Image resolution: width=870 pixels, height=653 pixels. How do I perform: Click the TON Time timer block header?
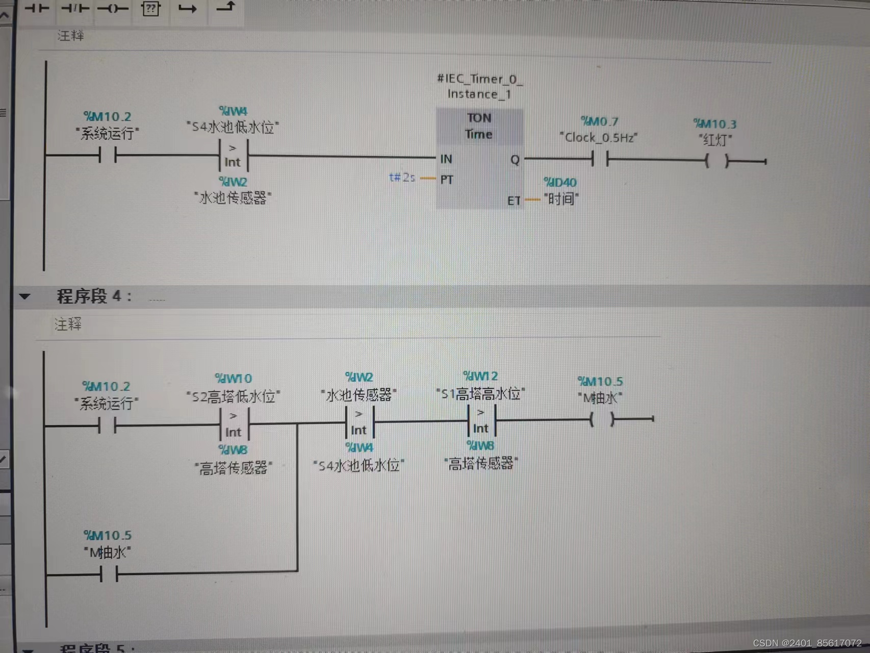pyautogui.click(x=479, y=126)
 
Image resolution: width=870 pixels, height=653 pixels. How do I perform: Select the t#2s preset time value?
pyautogui.click(x=402, y=178)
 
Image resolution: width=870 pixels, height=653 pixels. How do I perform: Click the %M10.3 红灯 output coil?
pyautogui.click(x=717, y=161)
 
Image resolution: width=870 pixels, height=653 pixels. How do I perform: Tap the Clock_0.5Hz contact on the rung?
pyautogui.click(x=600, y=159)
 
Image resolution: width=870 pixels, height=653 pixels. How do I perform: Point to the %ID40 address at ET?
pyautogui.click(x=560, y=183)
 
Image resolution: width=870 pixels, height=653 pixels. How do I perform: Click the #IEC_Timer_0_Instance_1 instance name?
pyautogui.click(x=479, y=86)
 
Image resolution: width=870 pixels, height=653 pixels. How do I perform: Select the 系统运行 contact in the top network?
pyautogui.click(x=108, y=155)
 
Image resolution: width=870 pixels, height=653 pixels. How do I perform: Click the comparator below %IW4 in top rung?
pyautogui.click(x=233, y=155)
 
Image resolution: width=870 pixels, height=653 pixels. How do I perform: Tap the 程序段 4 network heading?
pyautogui.click(x=94, y=296)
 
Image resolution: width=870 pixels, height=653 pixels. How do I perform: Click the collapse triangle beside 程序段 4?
pyautogui.click(x=24, y=296)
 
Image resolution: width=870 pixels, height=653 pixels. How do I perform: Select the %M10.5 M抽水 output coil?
pyautogui.click(x=602, y=420)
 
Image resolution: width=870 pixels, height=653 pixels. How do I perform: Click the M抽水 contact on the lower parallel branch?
pyautogui.click(x=109, y=575)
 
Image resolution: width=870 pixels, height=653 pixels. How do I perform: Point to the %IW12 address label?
pyautogui.click(x=480, y=376)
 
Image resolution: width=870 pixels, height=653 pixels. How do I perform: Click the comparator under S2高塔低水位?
pyautogui.click(x=234, y=424)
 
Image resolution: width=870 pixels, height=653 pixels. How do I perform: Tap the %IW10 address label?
pyautogui.click(x=234, y=379)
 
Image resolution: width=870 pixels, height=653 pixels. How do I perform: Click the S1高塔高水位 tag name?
pyautogui.click(x=480, y=394)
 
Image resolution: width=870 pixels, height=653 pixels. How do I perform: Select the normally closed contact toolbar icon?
pyautogui.click(x=75, y=9)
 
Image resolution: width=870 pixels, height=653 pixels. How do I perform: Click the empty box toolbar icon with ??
pyautogui.click(x=150, y=9)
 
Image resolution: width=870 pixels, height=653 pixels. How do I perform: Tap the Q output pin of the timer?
pyautogui.click(x=515, y=160)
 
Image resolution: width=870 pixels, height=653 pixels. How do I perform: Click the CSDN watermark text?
pyautogui.click(x=807, y=643)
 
